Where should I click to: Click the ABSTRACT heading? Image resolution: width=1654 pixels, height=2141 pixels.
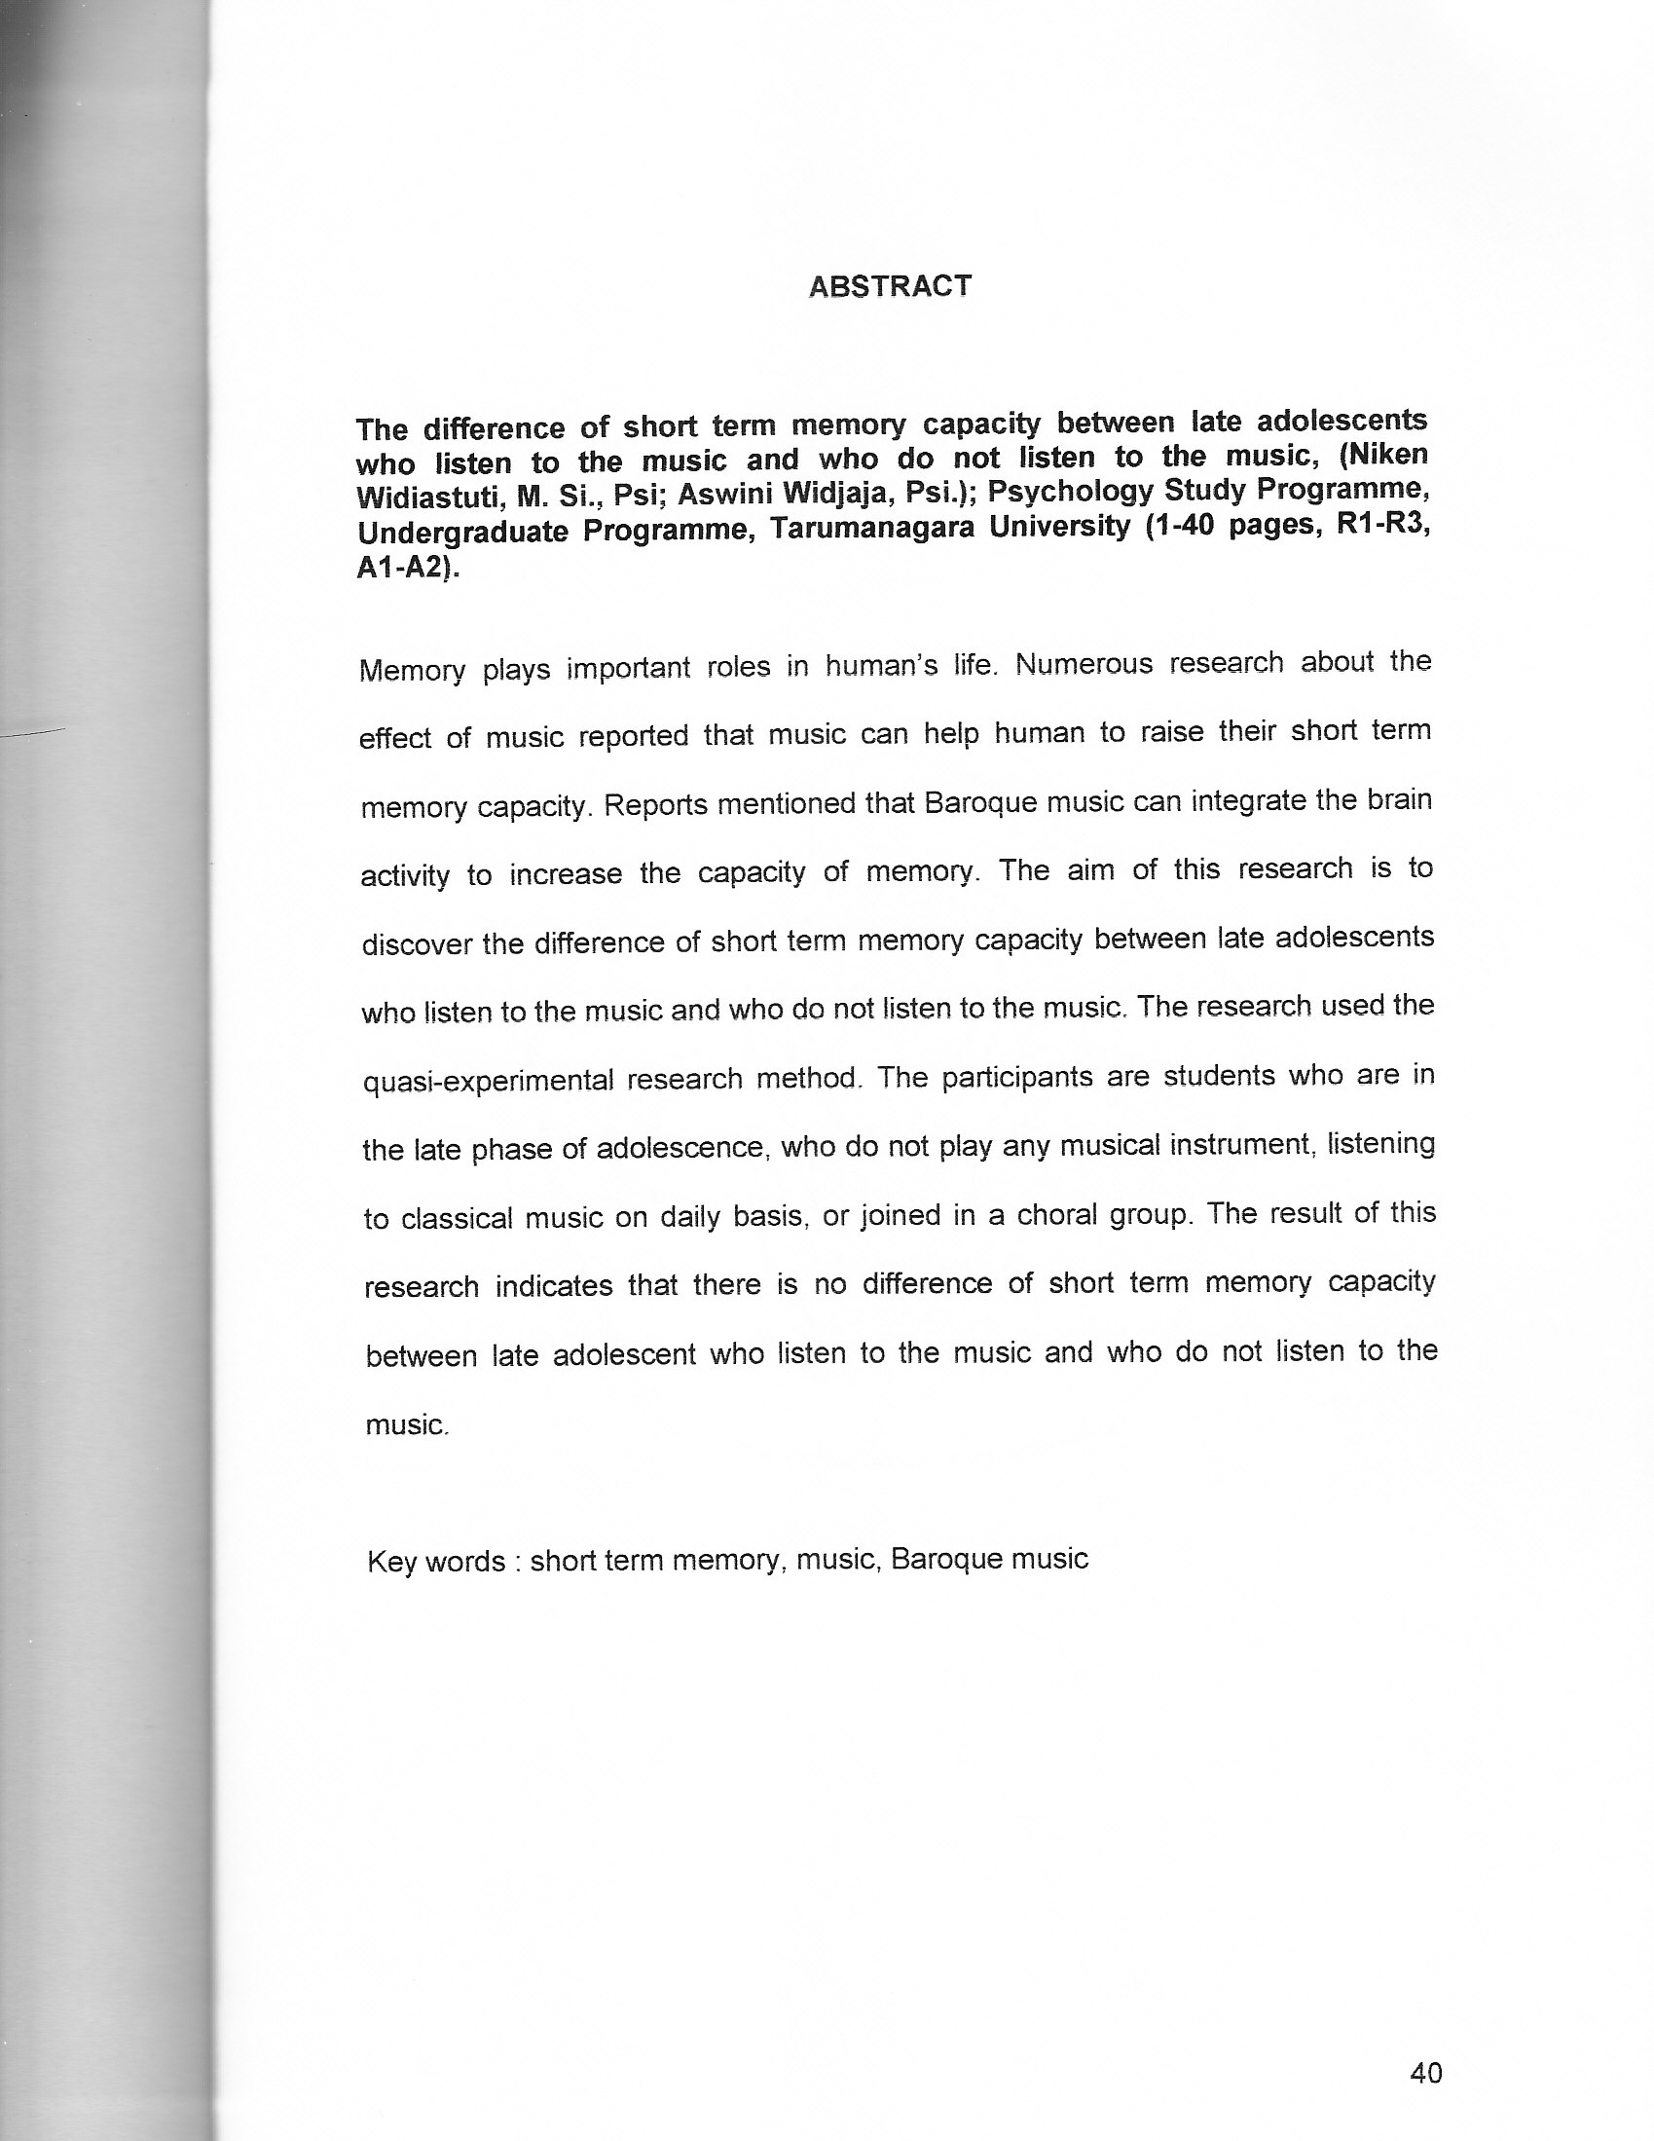[x=889, y=286]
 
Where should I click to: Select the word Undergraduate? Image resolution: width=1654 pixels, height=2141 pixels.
[x=461, y=533]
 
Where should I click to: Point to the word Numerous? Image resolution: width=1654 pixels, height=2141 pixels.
[x=1078, y=665]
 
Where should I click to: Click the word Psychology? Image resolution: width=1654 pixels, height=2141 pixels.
[x=1070, y=490]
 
